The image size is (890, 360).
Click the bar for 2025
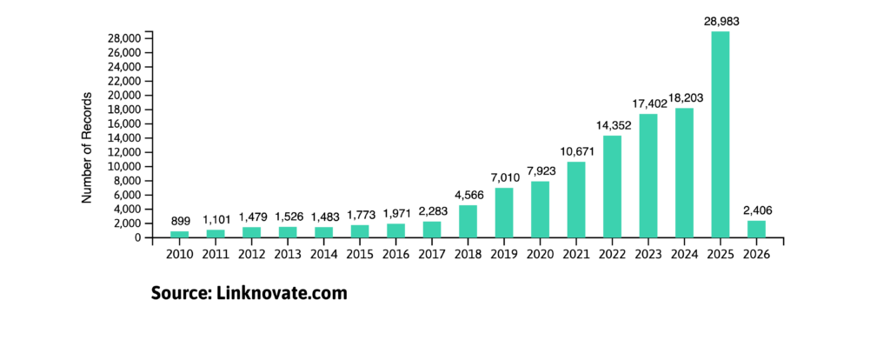[721, 135]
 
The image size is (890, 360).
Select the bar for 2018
[468, 221]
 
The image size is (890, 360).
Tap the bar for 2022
[612, 186]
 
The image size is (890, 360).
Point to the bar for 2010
[179, 234]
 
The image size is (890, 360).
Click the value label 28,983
[721, 19]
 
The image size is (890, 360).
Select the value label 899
[179, 221]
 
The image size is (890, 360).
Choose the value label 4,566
[468, 194]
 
